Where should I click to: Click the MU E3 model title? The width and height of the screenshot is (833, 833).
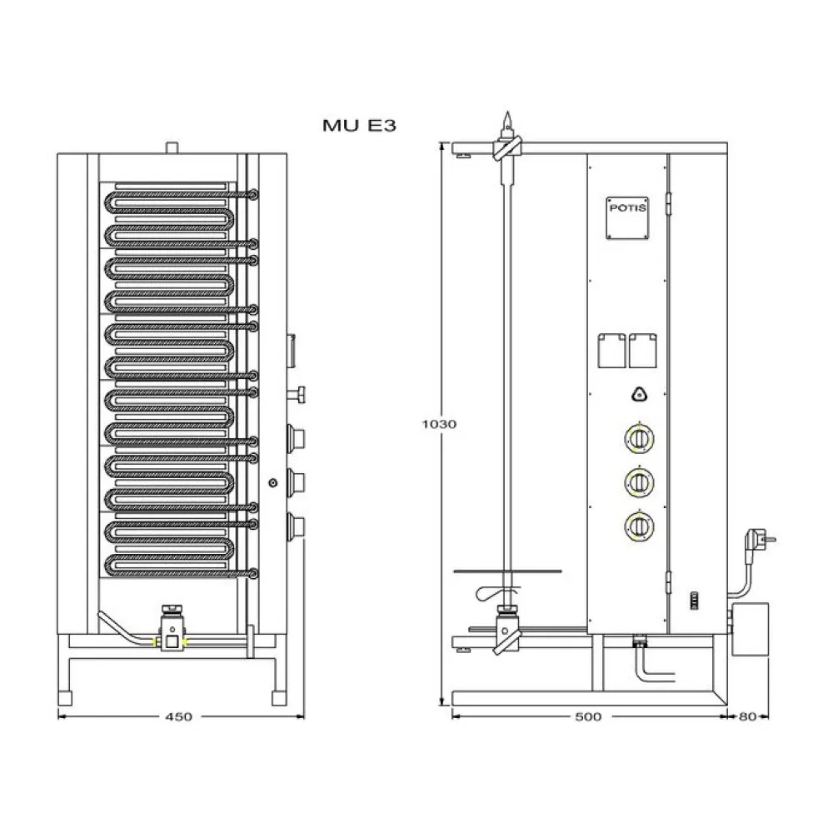(358, 126)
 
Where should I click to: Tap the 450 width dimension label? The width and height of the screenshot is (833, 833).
(179, 716)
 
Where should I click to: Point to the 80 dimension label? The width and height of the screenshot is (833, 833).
(746, 716)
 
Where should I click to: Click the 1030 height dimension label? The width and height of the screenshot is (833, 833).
(438, 424)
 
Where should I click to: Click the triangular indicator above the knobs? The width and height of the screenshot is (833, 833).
(639, 395)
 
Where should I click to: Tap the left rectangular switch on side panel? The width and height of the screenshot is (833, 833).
(611, 350)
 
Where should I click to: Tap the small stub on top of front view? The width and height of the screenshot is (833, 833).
(172, 148)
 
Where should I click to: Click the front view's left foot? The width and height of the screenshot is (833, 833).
(64, 696)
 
